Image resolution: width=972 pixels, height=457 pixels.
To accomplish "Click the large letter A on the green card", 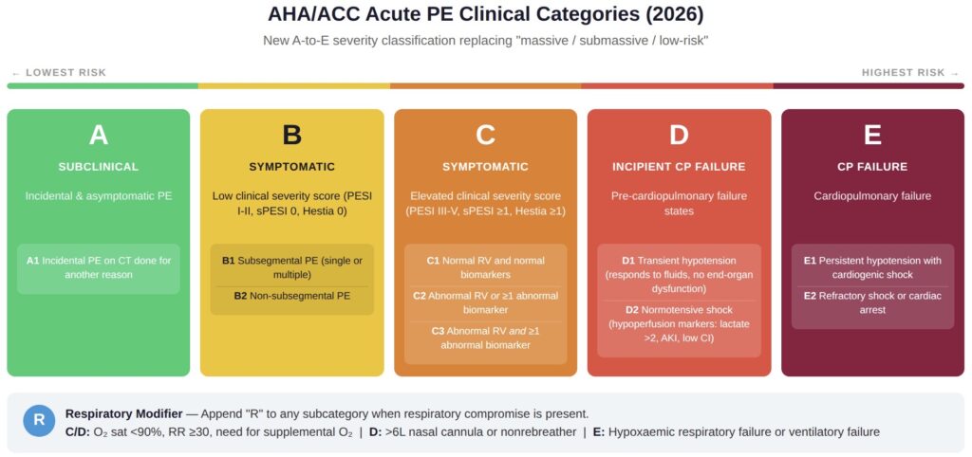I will [99, 136].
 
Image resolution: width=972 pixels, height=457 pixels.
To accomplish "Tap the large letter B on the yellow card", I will [292, 136].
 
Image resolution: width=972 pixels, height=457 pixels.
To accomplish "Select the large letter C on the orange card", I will [485, 136].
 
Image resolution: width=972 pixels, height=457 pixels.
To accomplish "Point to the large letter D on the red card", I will [679, 136].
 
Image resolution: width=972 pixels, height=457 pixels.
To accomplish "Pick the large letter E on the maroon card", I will [872, 136].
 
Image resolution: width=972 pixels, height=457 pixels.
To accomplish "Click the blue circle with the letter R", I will [39, 420].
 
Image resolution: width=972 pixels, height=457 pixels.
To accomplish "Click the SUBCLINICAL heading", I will [99, 167].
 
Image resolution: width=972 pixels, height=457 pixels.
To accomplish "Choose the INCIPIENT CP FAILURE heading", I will [679, 167].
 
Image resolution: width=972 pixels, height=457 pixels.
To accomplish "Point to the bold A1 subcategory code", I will [33, 260].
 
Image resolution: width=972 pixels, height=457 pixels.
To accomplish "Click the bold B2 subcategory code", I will [242, 296].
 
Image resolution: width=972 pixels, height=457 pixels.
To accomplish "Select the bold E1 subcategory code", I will [810, 260].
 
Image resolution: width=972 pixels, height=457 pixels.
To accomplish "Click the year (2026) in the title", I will [666, 15].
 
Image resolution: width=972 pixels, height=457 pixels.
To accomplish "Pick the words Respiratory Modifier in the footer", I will [123, 413].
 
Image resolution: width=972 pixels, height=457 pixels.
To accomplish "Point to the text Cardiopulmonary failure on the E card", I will [872, 196].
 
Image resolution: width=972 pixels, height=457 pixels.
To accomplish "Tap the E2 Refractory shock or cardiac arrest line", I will [872, 302].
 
